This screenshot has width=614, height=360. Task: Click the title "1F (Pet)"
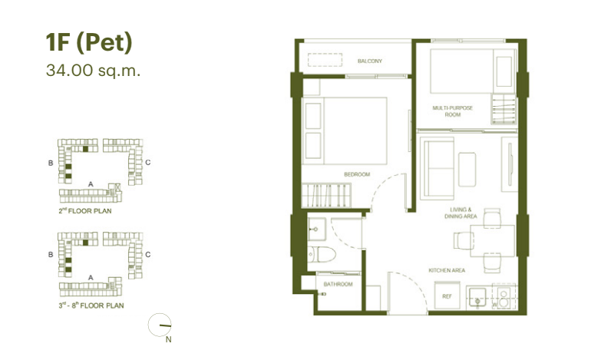[89, 43]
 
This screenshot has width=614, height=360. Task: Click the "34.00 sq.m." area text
[93, 71]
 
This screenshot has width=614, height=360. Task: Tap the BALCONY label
[370, 61]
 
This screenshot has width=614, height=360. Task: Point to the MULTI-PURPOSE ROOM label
[452, 111]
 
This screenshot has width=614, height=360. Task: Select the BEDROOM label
[357, 174]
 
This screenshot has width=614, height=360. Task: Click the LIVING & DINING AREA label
[460, 213]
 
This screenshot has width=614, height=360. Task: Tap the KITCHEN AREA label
[447, 270]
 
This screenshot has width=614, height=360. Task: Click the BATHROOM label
[338, 284]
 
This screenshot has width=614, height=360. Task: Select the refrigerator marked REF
[447, 296]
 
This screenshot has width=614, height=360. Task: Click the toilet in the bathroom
[322, 255]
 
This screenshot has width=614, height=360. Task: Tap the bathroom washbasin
[316, 230]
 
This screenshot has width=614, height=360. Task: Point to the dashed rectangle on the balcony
[325, 60]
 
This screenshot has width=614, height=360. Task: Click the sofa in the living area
[437, 168]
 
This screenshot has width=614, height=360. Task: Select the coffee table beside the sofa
[467, 170]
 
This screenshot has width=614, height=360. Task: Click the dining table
[493, 240]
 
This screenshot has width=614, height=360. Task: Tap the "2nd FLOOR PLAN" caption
[85, 211]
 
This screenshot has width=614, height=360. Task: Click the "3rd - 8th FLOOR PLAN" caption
[91, 306]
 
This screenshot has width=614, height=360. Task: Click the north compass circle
[160, 325]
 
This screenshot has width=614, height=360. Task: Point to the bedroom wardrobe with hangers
[326, 195]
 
